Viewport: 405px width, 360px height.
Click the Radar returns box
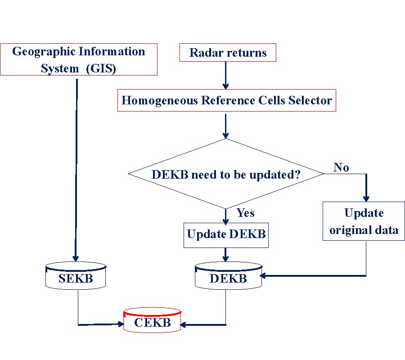point(228,53)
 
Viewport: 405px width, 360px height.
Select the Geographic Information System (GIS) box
point(79,59)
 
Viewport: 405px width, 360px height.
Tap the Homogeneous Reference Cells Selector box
point(227,100)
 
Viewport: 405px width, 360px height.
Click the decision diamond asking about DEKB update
point(226,174)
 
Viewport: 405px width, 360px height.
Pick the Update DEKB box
point(226,234)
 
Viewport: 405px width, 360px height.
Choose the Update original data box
point(364,221)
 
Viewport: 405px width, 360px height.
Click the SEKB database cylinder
point(76,278)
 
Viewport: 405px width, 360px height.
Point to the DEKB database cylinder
point(228,278)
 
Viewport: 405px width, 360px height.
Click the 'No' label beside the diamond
point(342,168)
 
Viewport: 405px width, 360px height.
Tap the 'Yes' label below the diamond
point(245,213)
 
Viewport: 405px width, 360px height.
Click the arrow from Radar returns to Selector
point(226,75)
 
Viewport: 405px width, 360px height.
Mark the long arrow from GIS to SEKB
point(76,171)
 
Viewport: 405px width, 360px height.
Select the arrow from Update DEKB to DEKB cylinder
point(226,255)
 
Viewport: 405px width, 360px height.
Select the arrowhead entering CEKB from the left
point(121,324)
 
